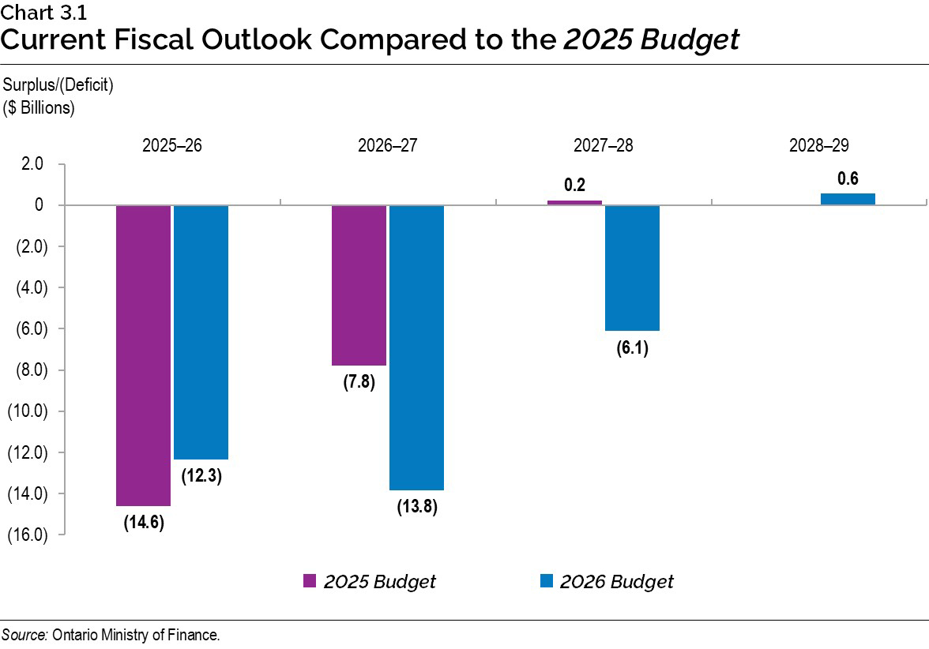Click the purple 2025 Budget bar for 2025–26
coord(144,355)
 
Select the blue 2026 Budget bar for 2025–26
coord(201,332)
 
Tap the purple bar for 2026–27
coord(359,285)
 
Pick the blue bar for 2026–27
coord(416,347)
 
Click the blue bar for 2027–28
coord(632,268)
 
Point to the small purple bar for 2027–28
coord(574,202)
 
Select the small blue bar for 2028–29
coord(848,199)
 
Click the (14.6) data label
coord(143,523)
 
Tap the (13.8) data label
coord(416,507)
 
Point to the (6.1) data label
coord(632,348)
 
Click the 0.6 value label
coord(848,179)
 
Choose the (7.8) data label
coord(359,383)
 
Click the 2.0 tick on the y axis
coord(33,164)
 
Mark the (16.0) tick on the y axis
coord(28,535)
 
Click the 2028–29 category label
coord(819,146)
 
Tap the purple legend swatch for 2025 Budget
coord(310,582)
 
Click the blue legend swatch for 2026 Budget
coord(546,582)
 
